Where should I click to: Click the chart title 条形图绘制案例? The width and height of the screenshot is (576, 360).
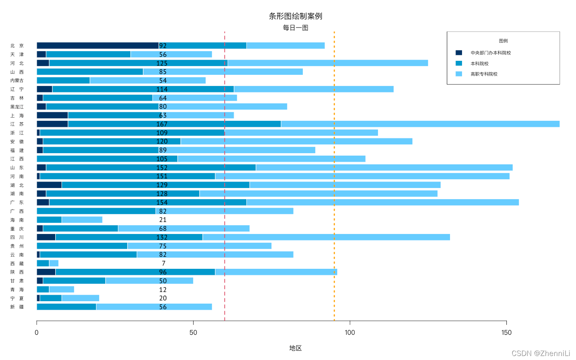(x=295, y=16)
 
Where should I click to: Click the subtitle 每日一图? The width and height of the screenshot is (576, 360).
(x=295, y=28)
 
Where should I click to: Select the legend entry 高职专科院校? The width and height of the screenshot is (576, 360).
(x=484, y=74)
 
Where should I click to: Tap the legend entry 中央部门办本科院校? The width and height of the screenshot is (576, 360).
(x=490, y=53)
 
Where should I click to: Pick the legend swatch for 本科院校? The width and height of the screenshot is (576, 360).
(x=459, y=63)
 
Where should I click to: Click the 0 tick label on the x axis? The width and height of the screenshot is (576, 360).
(x=37, y=332)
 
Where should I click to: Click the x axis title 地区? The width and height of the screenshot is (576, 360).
(x=295, y=348)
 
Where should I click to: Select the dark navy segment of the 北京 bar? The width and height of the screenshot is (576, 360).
(x=97, y=46)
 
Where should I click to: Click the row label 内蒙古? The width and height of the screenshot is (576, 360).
(x=17, y=80)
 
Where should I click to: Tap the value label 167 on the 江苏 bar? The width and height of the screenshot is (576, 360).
(x=162, y=124)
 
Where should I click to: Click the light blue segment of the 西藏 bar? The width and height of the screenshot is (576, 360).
(x=54, y=263)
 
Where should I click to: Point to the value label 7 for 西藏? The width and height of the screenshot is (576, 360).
(x=164, y=263)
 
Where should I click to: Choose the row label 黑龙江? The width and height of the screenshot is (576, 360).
(x=17, y=107)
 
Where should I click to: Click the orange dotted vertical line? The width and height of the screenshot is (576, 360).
(x=334, y=180)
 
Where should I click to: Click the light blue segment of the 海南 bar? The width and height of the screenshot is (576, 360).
(x=82, y=220)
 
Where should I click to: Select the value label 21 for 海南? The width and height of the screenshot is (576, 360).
(x=163, y=220)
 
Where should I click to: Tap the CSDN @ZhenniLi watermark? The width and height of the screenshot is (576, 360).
(x=541, y=353)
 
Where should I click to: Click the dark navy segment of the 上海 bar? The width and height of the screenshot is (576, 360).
(x=52, y=115)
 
